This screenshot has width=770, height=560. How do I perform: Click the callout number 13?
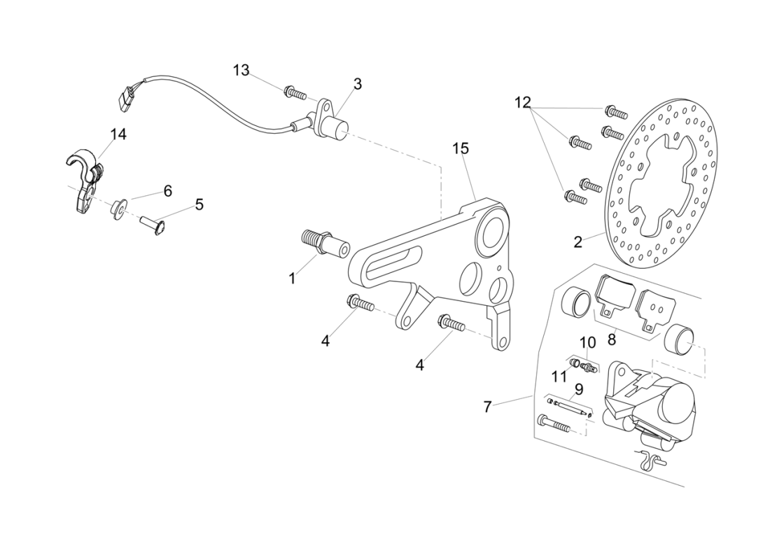[x=241, y=70]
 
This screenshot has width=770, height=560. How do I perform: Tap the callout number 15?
[x=460, y=148]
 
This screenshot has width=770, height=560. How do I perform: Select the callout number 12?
[x=523, y=103]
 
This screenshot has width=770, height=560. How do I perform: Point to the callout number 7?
[x=487, y=407]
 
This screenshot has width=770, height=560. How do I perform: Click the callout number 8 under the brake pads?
[x=611, y=340]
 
